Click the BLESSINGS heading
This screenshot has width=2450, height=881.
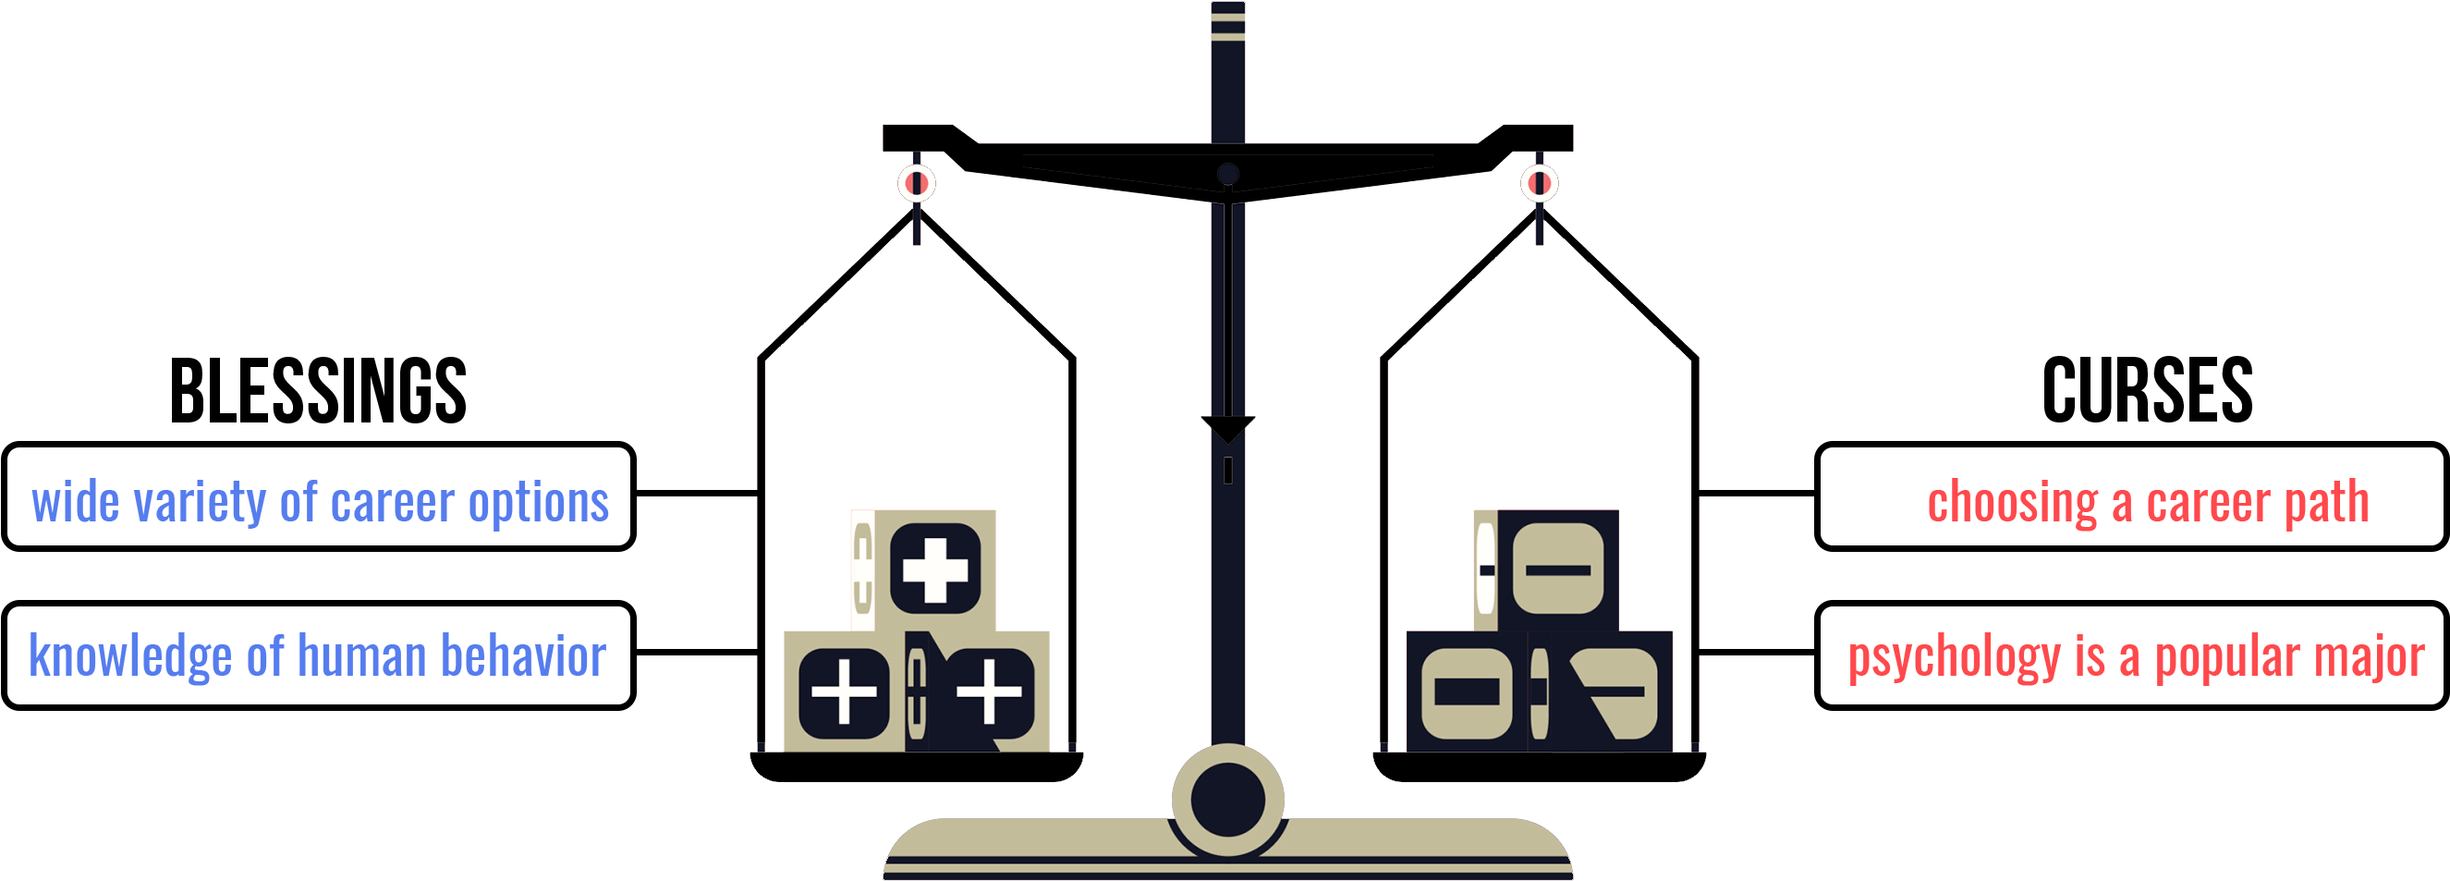(x=318, y=391)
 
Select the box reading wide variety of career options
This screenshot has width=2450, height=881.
(x=319, y=496)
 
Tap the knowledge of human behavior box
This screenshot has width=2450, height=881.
(x=319, y=655)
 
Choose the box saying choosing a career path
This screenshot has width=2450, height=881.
(x=2131, y=496)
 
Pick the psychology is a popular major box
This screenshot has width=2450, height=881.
(x=2131, y=655)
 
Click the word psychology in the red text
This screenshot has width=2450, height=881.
(x=1954, y=658)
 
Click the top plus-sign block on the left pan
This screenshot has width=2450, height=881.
(x=923, y=570)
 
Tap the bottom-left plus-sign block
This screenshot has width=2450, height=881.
(x=845, y=691)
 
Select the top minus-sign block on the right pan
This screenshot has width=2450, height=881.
(x=1546, y=570)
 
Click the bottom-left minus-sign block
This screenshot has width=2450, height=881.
(x=1468, y=691)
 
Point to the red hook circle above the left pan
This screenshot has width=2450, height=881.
(x=917, y=183)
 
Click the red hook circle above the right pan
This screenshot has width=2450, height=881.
(x=1540, y=183)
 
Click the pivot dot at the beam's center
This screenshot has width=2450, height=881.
(x=1228, y=174)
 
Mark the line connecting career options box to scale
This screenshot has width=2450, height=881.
(x=697, y=494)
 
